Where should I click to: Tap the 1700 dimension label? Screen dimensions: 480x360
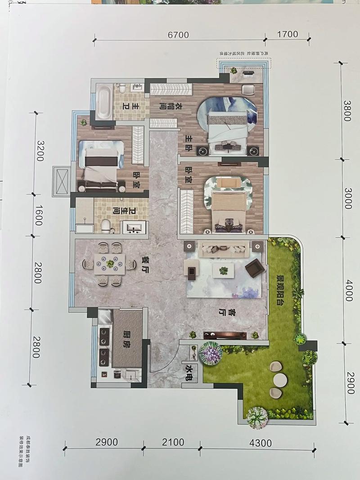[288, 35]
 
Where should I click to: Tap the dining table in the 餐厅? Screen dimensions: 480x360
[110, 264]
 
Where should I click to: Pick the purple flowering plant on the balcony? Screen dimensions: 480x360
[210, 354]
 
